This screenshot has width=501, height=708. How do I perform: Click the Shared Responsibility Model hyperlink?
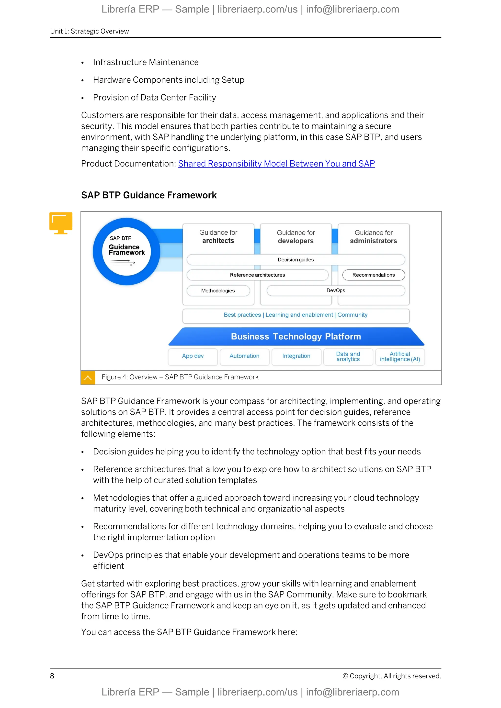276,164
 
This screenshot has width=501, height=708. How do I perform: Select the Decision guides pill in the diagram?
296,260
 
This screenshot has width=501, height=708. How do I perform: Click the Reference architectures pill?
257,275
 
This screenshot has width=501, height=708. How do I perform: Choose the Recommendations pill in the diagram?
373,275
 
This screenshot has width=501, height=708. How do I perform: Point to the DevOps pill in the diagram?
336,290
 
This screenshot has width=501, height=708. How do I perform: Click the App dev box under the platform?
193,356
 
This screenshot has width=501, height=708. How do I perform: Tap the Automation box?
244,356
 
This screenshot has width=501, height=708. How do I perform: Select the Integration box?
296,356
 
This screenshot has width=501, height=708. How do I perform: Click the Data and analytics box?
348,356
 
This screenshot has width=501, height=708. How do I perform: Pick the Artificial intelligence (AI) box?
400,356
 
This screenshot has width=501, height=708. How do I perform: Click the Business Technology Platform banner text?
296,336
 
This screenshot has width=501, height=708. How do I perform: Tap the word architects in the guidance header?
218,241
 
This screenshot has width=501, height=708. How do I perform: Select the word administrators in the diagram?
373,241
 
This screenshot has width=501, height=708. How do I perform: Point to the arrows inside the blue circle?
123,263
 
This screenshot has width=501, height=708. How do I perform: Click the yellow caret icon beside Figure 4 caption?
88,377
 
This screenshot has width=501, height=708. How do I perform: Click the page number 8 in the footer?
52,676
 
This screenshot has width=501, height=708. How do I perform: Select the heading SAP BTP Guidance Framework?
149,195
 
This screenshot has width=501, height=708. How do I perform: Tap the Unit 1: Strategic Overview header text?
90,32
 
